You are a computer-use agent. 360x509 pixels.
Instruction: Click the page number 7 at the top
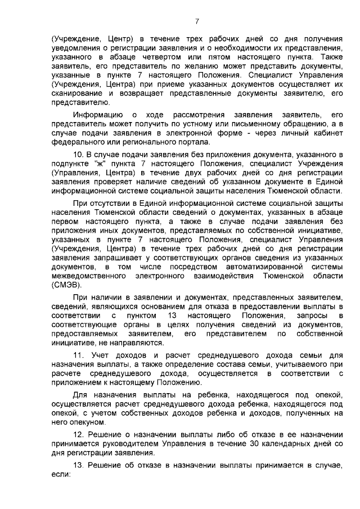[196, 21]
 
